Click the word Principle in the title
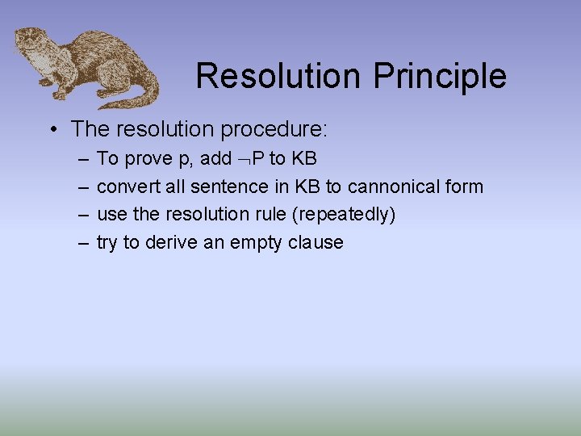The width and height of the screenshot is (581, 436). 440,77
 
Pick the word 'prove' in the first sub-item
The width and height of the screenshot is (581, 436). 145,158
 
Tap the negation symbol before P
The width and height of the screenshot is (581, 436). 245,159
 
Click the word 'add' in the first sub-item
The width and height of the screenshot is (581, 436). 217,158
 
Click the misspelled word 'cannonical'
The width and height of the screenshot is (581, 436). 393,187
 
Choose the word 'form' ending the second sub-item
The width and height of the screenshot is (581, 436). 465,187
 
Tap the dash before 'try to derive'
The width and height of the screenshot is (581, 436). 84,242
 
